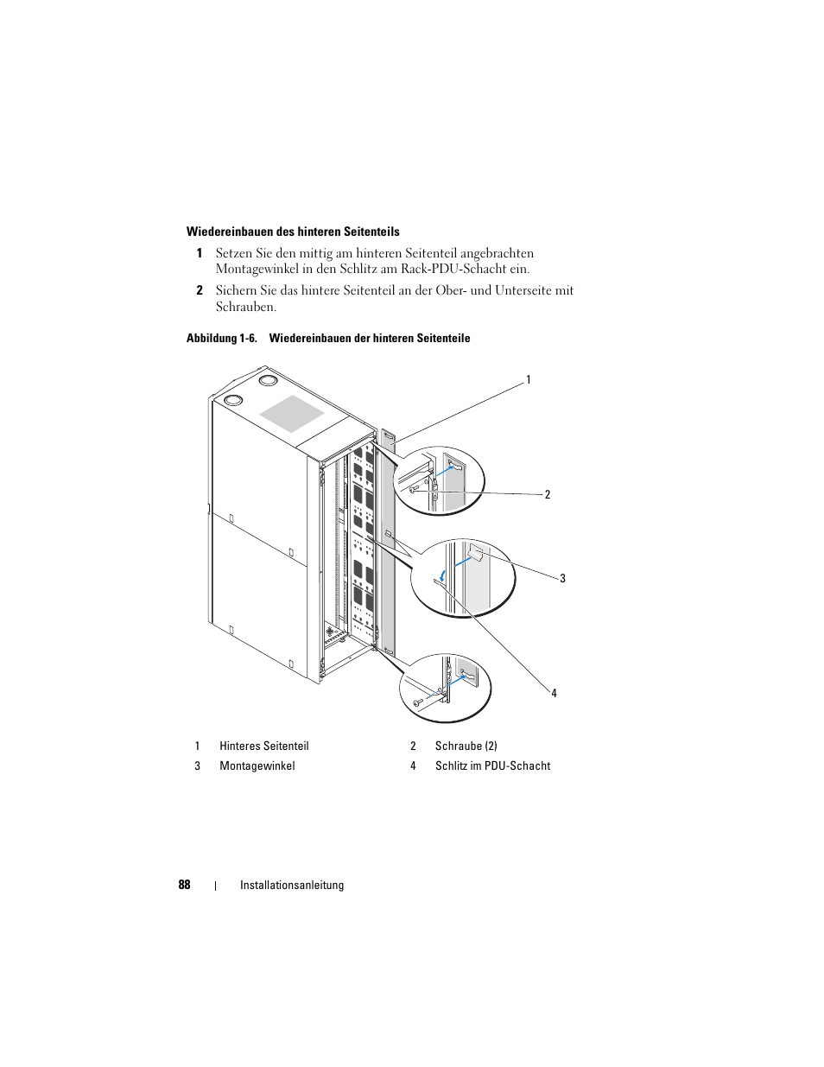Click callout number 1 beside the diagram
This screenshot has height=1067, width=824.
coord(529,379)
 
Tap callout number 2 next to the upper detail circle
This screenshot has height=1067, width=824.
coord(547,494)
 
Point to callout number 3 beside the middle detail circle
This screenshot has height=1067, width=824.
coord(562,578)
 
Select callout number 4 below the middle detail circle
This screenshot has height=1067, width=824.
coord(554,693)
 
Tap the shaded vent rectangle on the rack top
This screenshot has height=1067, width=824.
coord(292,413)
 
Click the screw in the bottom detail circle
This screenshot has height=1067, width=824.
coord(419,702)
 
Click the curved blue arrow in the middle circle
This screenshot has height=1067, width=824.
coord(441,574)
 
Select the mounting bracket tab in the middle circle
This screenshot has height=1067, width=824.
coord(474,550)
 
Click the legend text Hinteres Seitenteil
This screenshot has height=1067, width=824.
coord(263,746)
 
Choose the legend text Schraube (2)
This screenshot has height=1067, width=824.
coord(466,746)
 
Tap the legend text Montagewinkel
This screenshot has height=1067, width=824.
coord(257,765)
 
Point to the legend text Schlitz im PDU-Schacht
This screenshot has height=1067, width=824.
coord(492,765)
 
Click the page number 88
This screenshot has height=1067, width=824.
coord(185,885)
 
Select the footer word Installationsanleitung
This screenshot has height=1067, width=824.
coord(292,885)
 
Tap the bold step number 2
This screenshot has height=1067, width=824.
coord(199,290)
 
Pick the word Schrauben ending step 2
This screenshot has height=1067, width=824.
coord(245,307)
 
